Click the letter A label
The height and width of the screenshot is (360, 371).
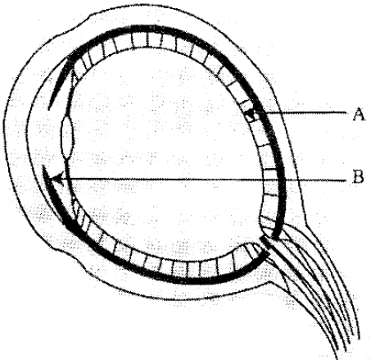click(359, 114)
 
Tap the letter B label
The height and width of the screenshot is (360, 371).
click(358, 176)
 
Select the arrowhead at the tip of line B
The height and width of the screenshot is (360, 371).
click(58, 178)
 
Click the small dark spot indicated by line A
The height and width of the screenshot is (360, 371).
click(250, 112)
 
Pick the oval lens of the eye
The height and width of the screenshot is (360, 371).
click(67, 138)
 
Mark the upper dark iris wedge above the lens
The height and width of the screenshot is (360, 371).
click(60, 81)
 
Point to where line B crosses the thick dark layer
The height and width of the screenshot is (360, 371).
click(282, 180)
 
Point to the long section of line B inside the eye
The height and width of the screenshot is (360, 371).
click(164, 180)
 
